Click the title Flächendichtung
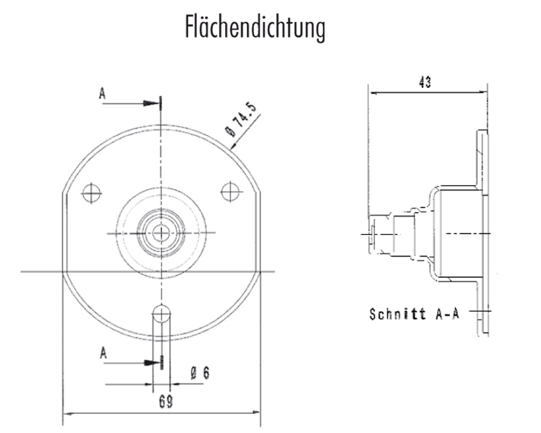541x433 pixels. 255,28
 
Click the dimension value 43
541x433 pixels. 425,82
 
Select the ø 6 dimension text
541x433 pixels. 200,373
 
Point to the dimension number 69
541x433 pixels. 166,401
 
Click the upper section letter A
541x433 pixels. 102,93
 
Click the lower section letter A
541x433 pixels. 103,353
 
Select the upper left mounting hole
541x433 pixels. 92,194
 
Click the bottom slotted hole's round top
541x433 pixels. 161,313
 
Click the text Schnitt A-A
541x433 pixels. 414,314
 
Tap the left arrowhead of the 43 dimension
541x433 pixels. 372,92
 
